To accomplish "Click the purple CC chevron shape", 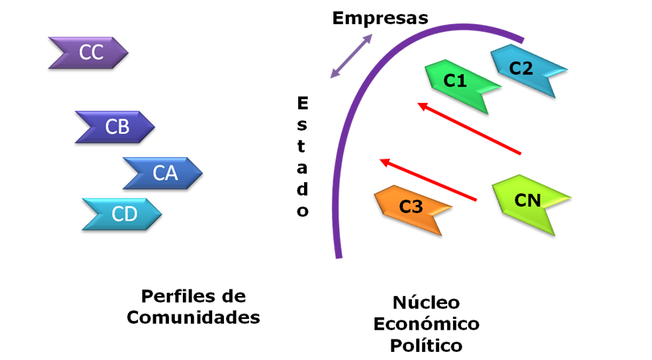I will pos(88,52).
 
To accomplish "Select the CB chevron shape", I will pos(115,127).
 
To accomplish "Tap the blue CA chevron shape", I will pos(163,173).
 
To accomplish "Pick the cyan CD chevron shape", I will pos(123,215).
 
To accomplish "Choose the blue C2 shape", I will pos(527,69).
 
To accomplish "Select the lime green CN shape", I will pos(530,202).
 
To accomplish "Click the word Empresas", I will pos(380,18).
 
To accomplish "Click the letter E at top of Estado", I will pos(303,103).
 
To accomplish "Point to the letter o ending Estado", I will pos(303,211).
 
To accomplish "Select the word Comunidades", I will pos(193,317).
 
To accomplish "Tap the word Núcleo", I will pos(426,302).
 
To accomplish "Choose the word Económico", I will pos(426,323).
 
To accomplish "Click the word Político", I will pos(426,345).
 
